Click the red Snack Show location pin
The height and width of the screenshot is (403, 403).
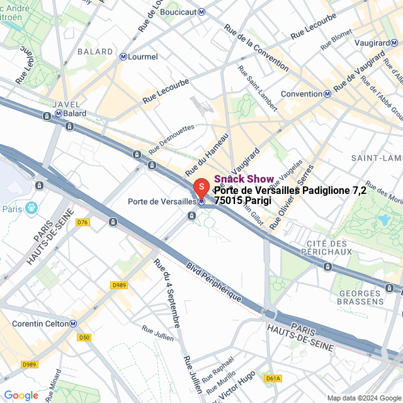pos(200,187)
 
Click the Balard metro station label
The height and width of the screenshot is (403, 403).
pos(74,114)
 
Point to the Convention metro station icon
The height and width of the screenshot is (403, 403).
pos(327,94)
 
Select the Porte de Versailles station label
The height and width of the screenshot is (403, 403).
pos(162,201)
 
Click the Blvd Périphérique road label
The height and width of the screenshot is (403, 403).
pos(214,281)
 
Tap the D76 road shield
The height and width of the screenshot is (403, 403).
pos(82,222)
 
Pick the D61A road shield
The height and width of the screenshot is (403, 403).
pos(273,378)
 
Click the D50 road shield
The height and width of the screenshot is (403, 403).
pos(84,338)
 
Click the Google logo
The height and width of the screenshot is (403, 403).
pos(21,395)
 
